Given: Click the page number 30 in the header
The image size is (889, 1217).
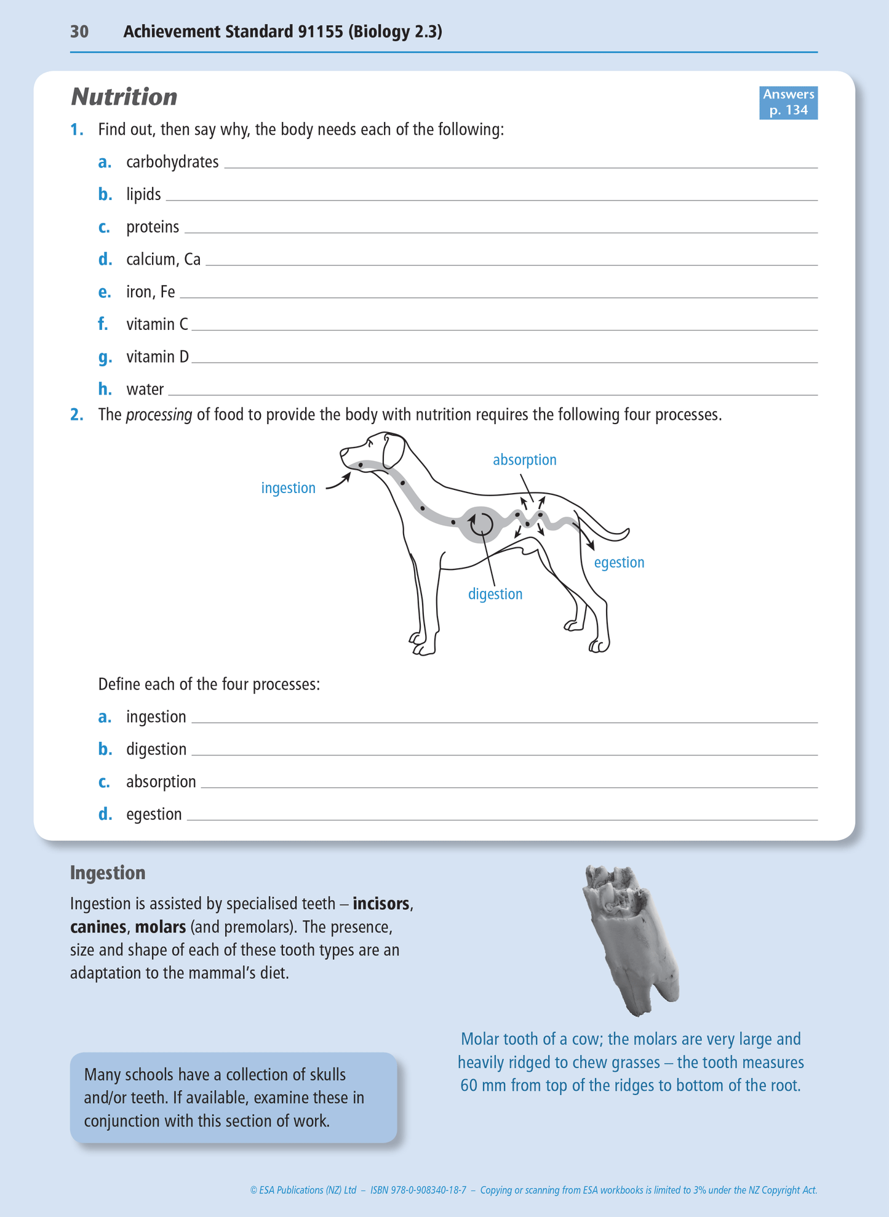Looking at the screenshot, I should click(x=79, y=31).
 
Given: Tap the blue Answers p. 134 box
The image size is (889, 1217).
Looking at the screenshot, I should click(x=787, y=102).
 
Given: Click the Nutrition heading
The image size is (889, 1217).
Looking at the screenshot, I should click(x=124, y=97).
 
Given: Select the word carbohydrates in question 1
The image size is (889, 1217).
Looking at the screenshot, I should click(x=172, y=162).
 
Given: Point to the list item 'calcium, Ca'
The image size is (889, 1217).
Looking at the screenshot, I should click(x=163, y=259).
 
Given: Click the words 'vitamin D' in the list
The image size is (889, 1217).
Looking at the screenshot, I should click(x=157, y=357).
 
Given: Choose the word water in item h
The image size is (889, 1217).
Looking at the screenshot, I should click(x=145, y=390).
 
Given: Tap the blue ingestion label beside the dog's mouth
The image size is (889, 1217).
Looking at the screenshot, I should click(x=288, y=488).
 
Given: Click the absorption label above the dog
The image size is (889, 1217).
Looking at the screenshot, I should click(x=524, y=460).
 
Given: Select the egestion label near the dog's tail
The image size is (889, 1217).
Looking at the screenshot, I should click(x=619, y=563).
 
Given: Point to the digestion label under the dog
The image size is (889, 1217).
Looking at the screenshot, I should click(x=495, y=594).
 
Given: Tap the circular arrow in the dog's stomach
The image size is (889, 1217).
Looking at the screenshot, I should click(x=481, y=524).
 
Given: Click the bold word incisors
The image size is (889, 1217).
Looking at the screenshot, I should click(x=381, y=904).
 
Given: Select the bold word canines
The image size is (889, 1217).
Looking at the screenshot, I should click(x=98, y=927).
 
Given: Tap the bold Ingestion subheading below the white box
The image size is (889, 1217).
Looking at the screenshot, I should click(x=108, y=873).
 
